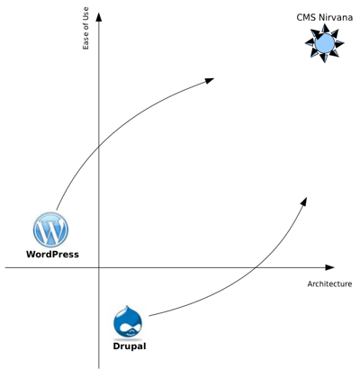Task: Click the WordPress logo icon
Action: (x=50, y=229)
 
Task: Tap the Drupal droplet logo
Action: (x=128, y=321)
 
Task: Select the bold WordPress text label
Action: (x=52, y=255)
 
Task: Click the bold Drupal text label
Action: (x=130, y=346)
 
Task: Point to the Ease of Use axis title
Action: (x=85, y=28)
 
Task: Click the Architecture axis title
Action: (x=329, y=283)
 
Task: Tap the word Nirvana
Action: (x=336, y=17)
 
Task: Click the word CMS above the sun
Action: (x=306, y=17)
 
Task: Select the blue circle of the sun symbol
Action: (x=325, y=43)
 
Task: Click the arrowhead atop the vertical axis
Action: (x=99, y=16)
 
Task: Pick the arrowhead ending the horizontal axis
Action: (x=329, y=267)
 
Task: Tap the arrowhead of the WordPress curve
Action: (x=209, y=80)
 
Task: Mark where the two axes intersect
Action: (x=99, y=267)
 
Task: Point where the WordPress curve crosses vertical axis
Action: (x=99, y=147)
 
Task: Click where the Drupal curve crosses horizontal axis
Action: (x=256, y=267)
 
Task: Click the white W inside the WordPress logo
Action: (x=51, y=230)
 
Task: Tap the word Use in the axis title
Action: (x=85, y=13)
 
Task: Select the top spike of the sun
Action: (x=325, y=28)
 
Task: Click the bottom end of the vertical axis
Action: (x=99, y=368)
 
